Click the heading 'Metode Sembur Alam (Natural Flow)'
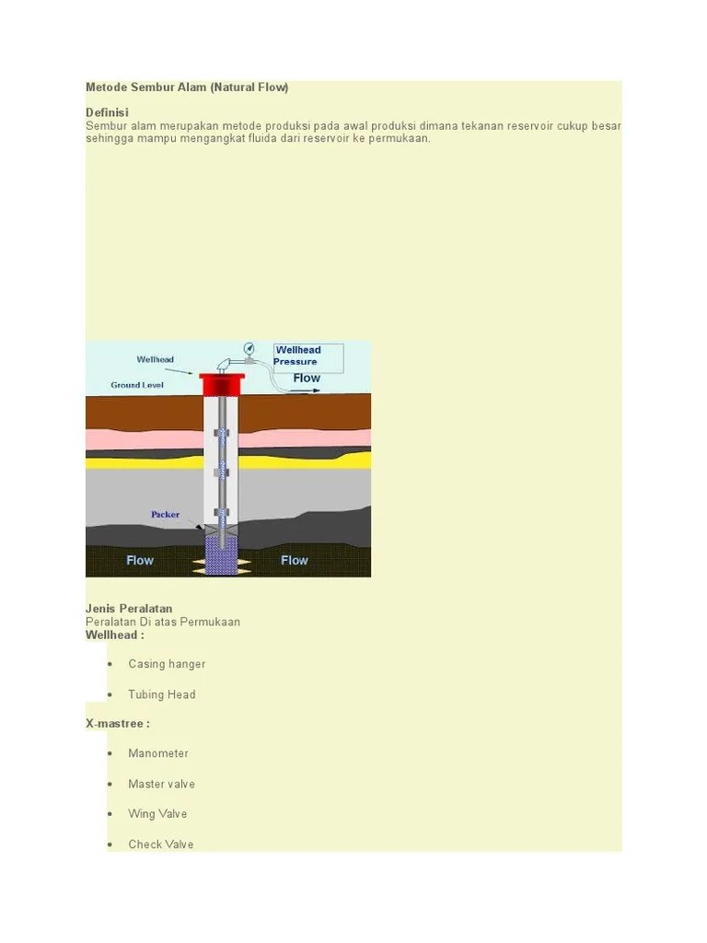point(187,87)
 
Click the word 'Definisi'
point(107,112)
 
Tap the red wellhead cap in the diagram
point(222,383)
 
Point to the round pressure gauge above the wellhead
point(249,348)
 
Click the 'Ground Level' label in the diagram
point(137,385)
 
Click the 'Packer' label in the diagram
point(166,515)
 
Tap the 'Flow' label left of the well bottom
point(140,560)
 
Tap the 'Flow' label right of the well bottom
point(295,560)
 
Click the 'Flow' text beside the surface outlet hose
point(307,378)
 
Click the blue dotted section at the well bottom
point(222,553)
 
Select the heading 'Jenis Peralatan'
point(129,609)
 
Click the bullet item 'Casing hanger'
point(167,664)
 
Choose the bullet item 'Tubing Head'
point(162,694)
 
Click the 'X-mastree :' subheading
point(118,724)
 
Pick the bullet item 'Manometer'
point(158,753)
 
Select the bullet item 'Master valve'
point(161,784)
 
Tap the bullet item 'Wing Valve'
point(157,814)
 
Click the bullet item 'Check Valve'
point(161,844)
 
